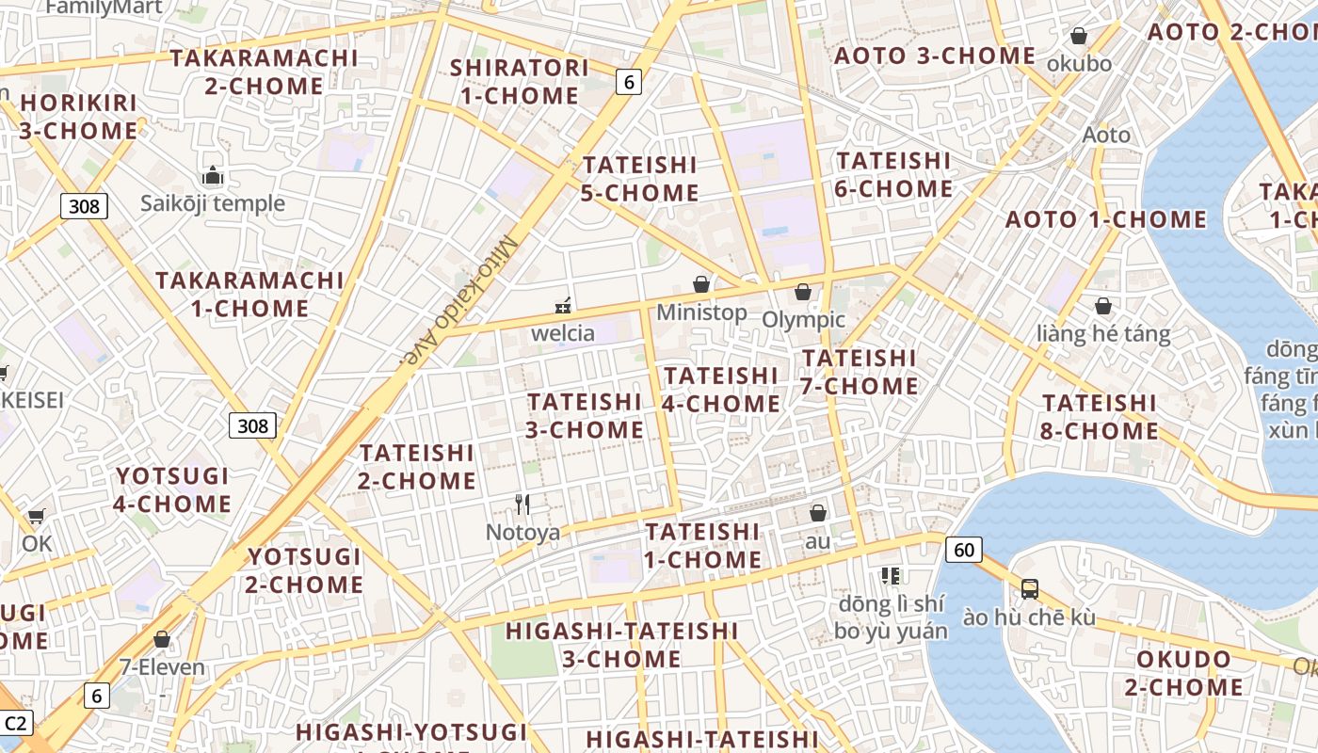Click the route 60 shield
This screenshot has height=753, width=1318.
[x=964, y=549]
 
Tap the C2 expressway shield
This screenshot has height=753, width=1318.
[x=16, y=724]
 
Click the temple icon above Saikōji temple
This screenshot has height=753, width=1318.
[x=213, y=176]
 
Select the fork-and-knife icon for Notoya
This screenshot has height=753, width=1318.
[x=522, y=505]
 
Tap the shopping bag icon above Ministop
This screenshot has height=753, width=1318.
[x=701, y=283]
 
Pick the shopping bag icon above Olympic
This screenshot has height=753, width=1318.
[x=803, y=292]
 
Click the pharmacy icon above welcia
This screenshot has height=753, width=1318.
[x=563, y=306]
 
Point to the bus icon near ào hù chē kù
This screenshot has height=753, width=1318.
[x=1030, y=589]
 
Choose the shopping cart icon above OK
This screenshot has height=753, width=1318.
[x=36, y=516]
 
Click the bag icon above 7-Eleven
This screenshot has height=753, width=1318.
[x=162, y=639]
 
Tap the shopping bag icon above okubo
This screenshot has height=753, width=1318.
[x=1079, y=36]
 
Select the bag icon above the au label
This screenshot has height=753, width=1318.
[x=818, y=513]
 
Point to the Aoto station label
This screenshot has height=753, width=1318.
[x=1106, y=135]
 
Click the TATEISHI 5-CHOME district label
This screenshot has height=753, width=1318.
[x=640, y=179]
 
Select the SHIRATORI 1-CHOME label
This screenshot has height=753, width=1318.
[x=514, y=82]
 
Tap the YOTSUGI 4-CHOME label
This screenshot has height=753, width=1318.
[x=172, y=489]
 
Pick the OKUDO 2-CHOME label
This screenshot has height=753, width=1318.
[x=1183, y=673]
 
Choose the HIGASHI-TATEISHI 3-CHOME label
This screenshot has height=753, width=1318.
[x=621, y=645]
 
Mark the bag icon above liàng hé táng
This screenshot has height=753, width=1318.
[x=1103, y=306]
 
